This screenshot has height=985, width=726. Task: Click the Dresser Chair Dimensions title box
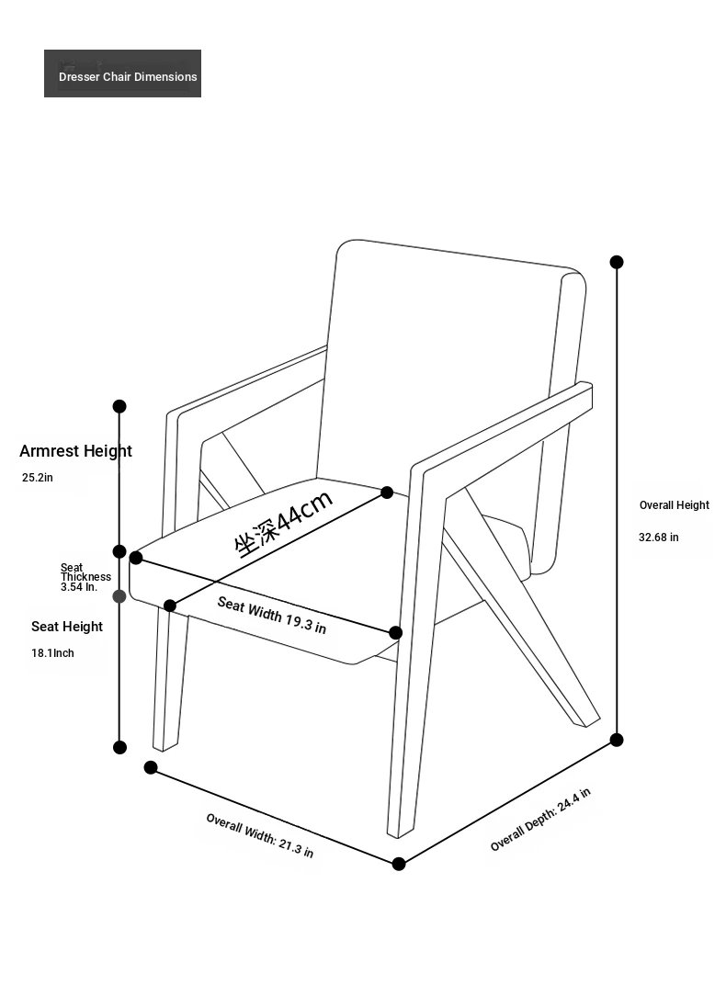pyautogui.click(x=122, y=74)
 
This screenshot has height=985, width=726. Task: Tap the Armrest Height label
pyautogui.click(x=75, y=451)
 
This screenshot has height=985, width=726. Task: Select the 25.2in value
pyautogui.click(x=38, y=478)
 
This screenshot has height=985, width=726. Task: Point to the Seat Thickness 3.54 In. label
pyautogui.click(x=85, y=578)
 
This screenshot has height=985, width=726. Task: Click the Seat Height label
pyautogui.click(x=67, y=627)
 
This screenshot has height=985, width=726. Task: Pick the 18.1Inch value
pyautogui.click(x=52, y=653)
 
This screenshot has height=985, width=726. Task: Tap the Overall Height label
pyautogui.click(x=675, y=505)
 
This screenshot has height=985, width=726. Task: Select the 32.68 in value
pyautogui.click(x=659, y=538)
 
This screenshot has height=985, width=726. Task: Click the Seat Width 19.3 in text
pyautogui.click(x=272, y=616)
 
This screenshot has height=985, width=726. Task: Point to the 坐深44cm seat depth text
pyautogui.click(x=284, y=523)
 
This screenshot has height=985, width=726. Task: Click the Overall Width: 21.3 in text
pyautogui.click(x=260, y=835)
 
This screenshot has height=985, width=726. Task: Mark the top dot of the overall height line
pyautogui.click(x=617, y=262)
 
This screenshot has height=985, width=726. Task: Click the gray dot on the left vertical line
pyautogui.click(x=119, y=596)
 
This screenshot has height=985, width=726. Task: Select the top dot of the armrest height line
pyautogui.click(x=119, y=406)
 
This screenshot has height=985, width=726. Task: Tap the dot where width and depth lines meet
pyautogui.click(x=399, y=864)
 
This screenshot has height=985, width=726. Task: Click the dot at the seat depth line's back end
pyautogui.click(x=387, y=492)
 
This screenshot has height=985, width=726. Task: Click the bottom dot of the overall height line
pyautogui.click(x=617, y=740)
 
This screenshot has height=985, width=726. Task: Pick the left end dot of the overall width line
pyautogui.click(x=151, y=768)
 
